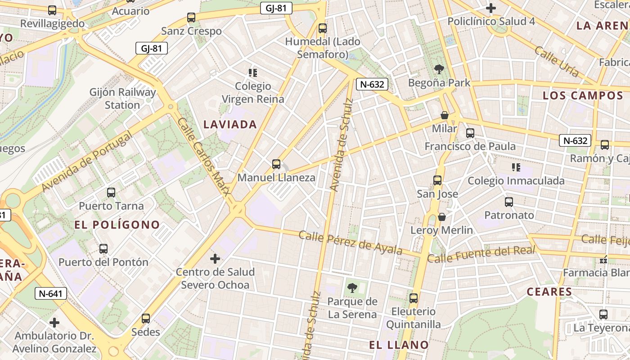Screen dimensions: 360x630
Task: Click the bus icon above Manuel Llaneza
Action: click(x=276, y=164)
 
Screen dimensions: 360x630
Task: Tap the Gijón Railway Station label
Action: click(x=122, y=99)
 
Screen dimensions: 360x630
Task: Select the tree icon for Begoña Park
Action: click(x=439, y=69)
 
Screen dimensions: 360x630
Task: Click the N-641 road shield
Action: click(x=51, y=294)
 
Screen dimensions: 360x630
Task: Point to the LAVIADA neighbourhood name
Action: click(x=230, y=125)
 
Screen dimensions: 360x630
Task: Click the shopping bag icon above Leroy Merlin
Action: click(x=442, y=217)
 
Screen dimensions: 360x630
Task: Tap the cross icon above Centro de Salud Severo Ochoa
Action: click(x=215, y=259)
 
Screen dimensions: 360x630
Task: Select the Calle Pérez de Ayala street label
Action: click(x=350, y=243)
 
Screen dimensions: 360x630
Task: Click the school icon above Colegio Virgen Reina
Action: click(x=253, y=72)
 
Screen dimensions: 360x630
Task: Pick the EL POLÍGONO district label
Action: click(x=117, y=225)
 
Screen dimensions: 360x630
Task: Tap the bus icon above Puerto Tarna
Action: click(x=111, y=193)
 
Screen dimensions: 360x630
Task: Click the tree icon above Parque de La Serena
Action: click(x=352, y=288)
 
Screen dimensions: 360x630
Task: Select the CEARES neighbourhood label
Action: click(x=549, y=292)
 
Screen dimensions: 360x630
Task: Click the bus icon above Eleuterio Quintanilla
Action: click(x=414, y=298)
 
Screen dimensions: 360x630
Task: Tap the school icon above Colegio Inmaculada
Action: click(x=516, y=167)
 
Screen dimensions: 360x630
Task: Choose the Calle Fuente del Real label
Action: click(x=481, y=254)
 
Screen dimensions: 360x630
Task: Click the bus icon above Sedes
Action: click(x=146, y=319)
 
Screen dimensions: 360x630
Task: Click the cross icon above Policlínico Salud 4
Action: click(x=491, y=8)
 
